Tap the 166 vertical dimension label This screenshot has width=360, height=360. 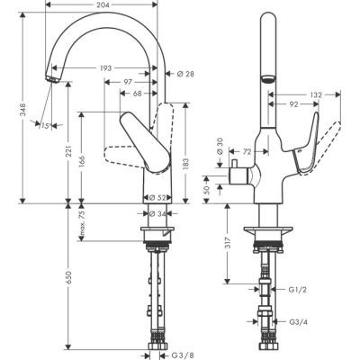(84, 159)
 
